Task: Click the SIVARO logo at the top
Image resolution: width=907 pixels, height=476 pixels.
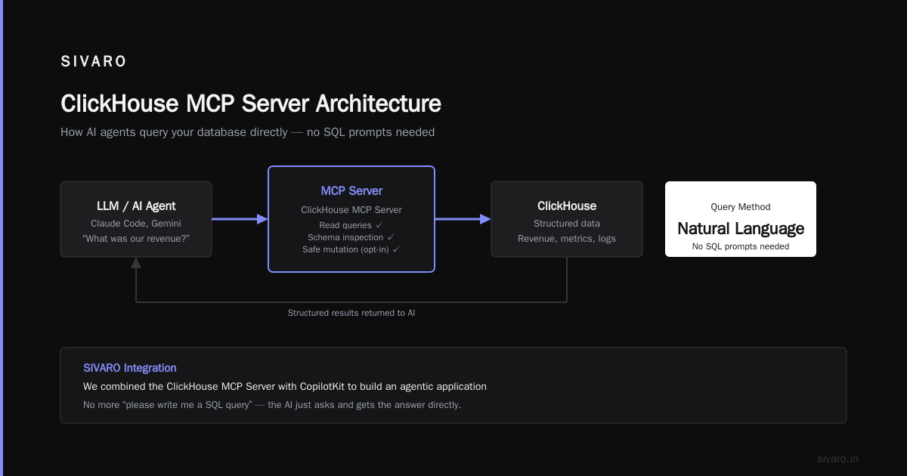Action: (x=93, y=61)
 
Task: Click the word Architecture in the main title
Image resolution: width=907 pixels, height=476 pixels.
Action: (x=378, y=104)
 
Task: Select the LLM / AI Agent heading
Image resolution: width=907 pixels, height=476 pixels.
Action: (x=136, y=206)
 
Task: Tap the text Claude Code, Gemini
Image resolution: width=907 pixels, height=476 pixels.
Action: (x=136, y=224)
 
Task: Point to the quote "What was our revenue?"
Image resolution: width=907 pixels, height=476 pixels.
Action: (x=136, y=239)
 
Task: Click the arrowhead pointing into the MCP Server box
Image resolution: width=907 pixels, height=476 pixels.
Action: (x=262, y=219)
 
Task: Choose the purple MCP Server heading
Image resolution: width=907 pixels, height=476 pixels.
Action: (x=351, y=190)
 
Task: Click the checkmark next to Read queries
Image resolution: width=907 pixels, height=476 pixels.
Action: (x=379, y=224)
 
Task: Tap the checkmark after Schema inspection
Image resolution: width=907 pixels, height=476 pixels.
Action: (x=391, y=236)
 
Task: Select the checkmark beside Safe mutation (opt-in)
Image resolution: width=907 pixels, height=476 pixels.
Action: (x=396, y=249)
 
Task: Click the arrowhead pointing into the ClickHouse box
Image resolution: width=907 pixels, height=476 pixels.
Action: (x=485, y=219)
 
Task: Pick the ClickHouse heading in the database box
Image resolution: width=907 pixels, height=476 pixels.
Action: (x=567, y=206)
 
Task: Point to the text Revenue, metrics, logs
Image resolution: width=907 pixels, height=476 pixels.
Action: (x=567, y=239)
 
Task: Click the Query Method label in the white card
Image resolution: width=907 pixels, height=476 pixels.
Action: (x=741, y=207)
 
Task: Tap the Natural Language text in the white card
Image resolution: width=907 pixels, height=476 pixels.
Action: (x=741, y=229)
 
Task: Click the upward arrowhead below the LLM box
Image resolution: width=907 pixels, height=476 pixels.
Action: (x=136, y=263)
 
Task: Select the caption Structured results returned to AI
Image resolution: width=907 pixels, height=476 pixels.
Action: (x=351, y=313)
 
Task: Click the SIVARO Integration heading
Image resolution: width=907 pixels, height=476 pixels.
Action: (x=130, y=368)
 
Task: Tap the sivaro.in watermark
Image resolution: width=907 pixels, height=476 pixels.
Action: (x=837, y=459)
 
